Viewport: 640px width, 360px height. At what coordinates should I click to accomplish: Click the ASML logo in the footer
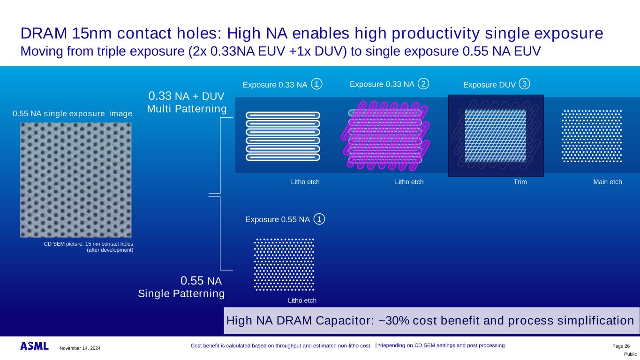pos(34,346)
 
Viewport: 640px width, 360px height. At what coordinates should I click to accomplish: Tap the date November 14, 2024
pos(80,348)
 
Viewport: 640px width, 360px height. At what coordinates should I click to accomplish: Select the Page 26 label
pos(621,345)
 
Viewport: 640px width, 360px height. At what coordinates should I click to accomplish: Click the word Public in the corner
pos(630,354)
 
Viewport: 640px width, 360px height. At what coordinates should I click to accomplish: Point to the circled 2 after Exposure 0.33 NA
pos(423,84)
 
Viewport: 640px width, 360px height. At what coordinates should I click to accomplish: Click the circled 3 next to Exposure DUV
pos(525,84)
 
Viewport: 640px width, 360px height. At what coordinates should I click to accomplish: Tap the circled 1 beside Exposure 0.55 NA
pos(319,219)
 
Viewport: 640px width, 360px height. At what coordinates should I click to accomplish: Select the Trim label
pos(520,182)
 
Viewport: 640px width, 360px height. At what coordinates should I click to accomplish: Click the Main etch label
pos(607,182)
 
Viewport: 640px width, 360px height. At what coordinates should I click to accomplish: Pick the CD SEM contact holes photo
pos(75,180)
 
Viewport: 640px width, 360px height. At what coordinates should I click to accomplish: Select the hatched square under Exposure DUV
pos(495,135)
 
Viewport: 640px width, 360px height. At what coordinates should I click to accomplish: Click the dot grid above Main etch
pos(592,136)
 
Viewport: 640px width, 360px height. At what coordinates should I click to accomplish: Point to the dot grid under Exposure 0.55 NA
pos(284,264)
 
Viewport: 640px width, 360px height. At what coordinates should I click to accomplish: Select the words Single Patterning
pos(181,294)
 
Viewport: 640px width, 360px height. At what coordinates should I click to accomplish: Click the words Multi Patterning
pos(187,109)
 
